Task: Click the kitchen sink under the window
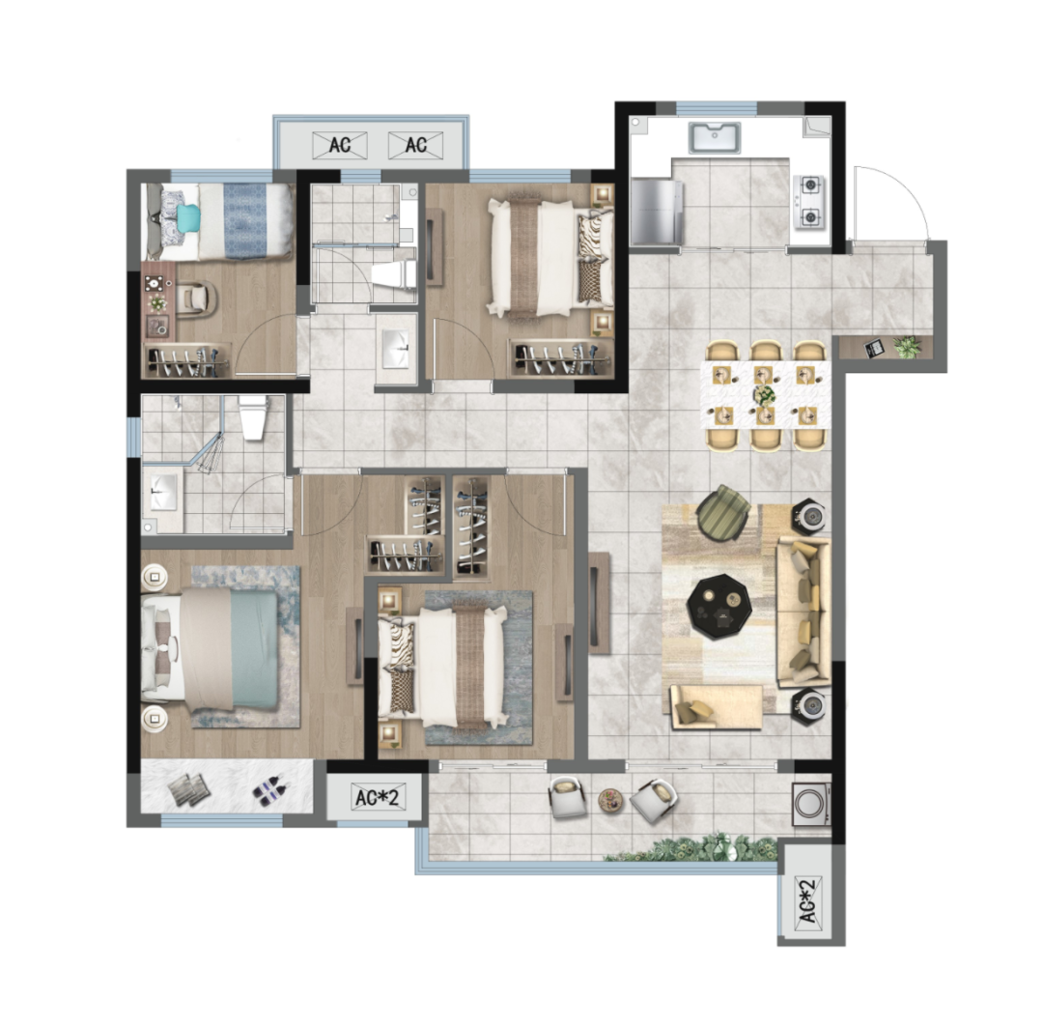coord(715,138)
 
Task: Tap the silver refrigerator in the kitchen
coord(658,212)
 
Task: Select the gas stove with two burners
coord(810,201)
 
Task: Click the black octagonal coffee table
coord(719,608)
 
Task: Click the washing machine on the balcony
coord(811,803)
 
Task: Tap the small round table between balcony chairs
coord(611,801)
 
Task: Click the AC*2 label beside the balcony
coord(377,797)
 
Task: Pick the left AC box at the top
coord(340,145)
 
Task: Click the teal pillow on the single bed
coord(188,218)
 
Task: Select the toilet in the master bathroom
coord(253,416)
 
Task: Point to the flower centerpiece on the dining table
coord(764,394)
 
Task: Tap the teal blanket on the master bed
coord(253,649)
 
